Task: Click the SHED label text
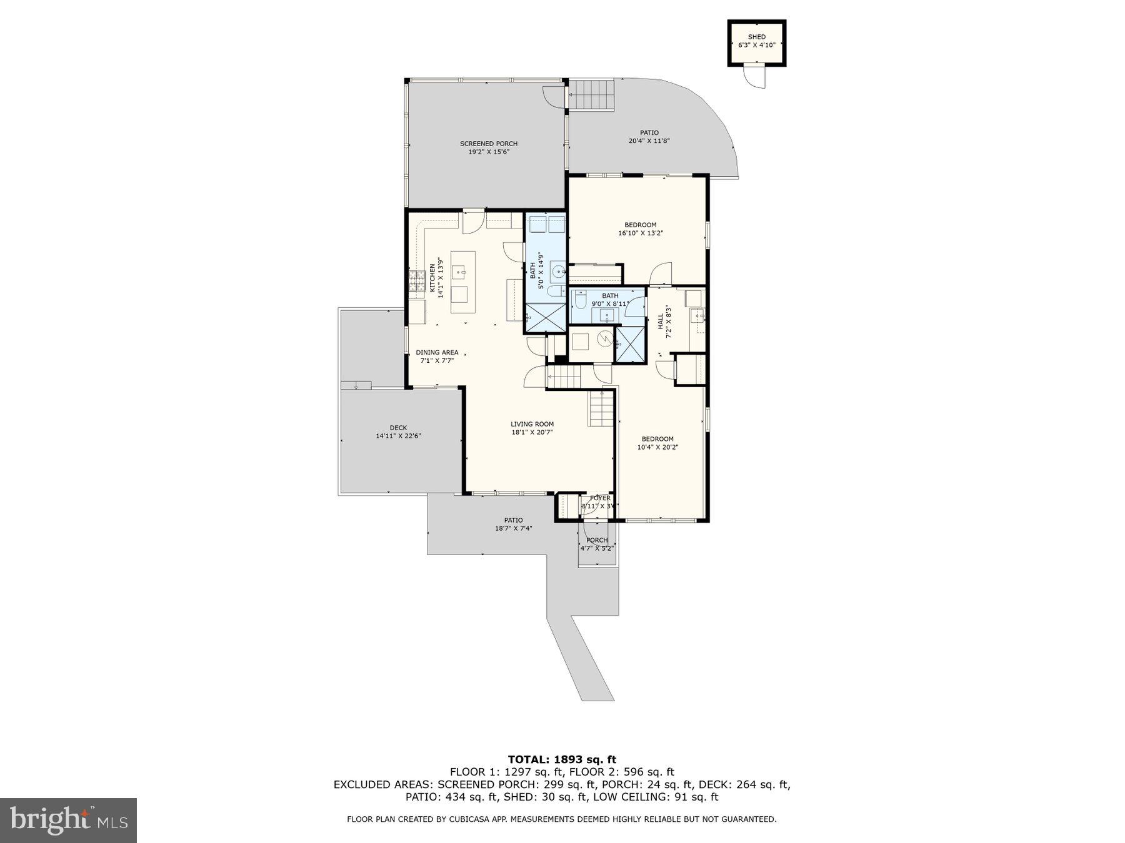756,37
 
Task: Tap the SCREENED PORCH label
488,144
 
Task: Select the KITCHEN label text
432,278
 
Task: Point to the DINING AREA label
437,352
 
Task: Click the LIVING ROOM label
532,424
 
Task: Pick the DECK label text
398,428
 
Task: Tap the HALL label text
661,322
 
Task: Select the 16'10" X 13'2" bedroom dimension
640,233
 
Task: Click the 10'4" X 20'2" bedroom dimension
657,447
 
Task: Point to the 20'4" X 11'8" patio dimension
649,141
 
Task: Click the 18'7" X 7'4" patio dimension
513,528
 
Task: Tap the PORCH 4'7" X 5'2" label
597,544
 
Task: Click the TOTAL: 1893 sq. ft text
562,759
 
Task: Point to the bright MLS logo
68,820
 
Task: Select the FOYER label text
600,498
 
